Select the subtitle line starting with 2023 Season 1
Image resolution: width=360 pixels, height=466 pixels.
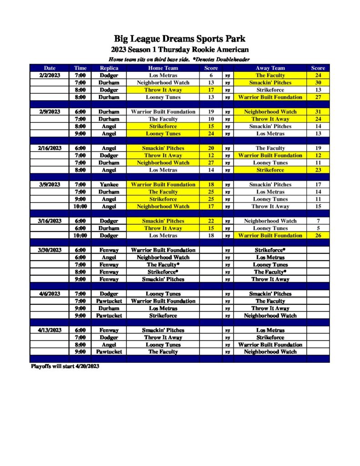click(180, 50)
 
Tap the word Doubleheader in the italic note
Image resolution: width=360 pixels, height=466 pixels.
click(232, 60)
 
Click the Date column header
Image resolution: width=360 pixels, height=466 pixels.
click(50, 68)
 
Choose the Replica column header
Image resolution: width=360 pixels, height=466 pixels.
click(109, 68)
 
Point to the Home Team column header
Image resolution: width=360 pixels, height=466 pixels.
click(163, 68)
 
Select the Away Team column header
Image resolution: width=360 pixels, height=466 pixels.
click(270, 68)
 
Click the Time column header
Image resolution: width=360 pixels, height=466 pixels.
click(80, 68)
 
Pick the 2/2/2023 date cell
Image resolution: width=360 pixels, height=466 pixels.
click(50, 76)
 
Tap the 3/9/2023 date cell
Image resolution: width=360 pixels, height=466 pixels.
click(50, 185)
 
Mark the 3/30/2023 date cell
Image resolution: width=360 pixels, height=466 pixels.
click(50, 250)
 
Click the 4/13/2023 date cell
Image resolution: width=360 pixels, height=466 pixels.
click(50, 330)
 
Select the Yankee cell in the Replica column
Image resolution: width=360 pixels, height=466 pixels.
click(109, 185)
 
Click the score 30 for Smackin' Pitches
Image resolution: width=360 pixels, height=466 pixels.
click(318, 83)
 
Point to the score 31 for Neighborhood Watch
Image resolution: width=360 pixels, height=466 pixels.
click(318, 112)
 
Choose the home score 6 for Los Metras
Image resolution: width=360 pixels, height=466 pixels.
click(211, 76)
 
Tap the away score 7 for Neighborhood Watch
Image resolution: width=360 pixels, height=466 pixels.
click(318, 221)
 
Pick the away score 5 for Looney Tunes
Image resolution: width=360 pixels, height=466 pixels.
click(318, 228)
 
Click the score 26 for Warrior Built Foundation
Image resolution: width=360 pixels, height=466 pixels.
click(318, 236)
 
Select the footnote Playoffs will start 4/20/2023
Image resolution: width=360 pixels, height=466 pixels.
click(65, 366)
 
